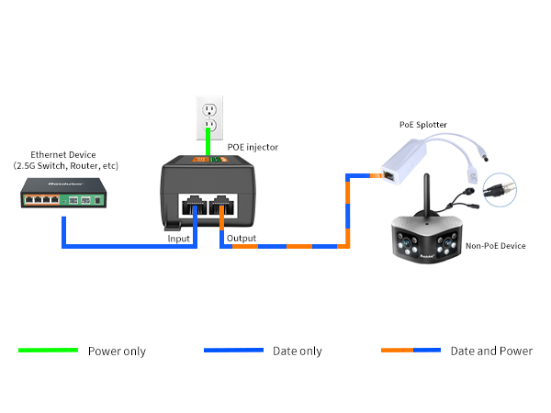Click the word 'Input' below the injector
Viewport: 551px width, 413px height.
[179, 239]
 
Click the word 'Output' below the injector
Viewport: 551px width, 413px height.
[242, 239]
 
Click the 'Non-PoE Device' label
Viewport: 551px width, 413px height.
[496, 246]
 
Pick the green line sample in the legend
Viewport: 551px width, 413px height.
[48, 351]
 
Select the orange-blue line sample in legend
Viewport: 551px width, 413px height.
[410, 351]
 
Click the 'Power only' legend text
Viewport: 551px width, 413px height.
[117, 352]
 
